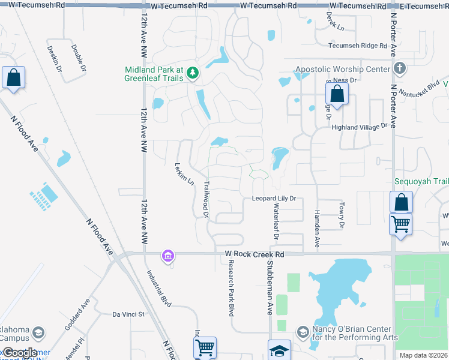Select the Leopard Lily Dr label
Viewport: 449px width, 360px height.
point(274,198)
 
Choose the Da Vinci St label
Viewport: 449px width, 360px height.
point(129,314)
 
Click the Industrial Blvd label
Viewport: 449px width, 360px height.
point(159,288)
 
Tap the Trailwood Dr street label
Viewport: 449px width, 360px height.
point(205,199)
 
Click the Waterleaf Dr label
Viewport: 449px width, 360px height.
point(276,220)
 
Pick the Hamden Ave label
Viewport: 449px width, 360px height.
point(317,229)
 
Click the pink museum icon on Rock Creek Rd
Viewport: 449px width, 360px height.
point(167,256)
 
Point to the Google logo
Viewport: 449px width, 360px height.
point(20,353)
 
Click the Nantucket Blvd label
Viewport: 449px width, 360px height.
point(423,88)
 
